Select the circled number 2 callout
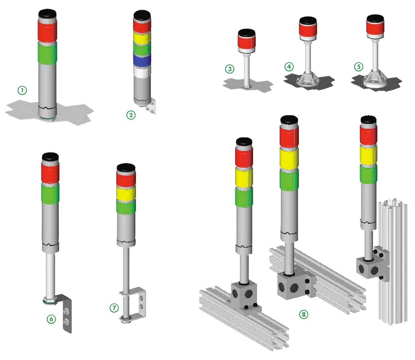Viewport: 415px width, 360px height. (131, 115)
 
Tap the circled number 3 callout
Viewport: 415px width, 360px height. (230, 69)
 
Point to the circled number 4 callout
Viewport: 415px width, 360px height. (289, 67)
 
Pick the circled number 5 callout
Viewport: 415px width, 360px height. (359, 67)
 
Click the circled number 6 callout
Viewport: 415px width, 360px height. (51, 319)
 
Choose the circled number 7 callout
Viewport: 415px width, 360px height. (114, 308)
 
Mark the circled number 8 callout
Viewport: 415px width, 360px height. (304, 314)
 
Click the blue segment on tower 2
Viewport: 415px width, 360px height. (142, 61)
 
